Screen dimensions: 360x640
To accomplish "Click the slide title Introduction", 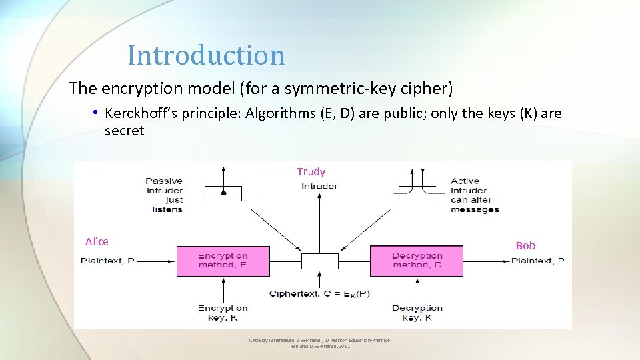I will click(x=206, y=55).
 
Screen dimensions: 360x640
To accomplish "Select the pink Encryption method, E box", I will click(x=223, y=261).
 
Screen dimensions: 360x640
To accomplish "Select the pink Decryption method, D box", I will click(x=417, y=261).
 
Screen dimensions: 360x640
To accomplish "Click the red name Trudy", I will click(x=311, y=172).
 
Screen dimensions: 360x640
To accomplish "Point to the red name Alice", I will click(x=97, y=241).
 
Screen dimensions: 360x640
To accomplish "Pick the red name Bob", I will click(x=525, y=245).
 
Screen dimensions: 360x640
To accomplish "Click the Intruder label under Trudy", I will click(x=319, y=186).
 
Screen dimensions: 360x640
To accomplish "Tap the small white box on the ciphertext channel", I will click(x=320, y=261).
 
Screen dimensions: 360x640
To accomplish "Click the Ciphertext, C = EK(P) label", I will click(x=319, y=294).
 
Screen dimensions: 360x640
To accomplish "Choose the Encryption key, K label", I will click(x=223, y=313).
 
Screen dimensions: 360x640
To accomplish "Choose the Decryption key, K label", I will click(x=417, y=313).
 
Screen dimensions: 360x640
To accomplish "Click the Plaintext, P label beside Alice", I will click(x=107, y=261).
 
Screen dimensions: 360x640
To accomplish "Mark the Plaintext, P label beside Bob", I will click(x=537, y=261).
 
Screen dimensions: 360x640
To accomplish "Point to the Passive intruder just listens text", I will click(x=164, y=195).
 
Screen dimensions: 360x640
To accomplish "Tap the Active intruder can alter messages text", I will click(x=475, y=195).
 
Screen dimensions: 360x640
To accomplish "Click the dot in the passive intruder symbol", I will click(x=223, y=193).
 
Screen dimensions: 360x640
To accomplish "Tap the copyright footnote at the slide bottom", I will click(x=319, y=343).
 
